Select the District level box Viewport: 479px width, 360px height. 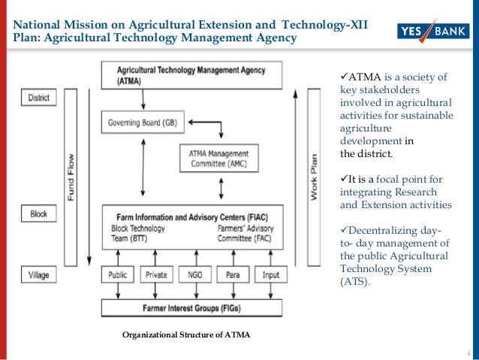39,98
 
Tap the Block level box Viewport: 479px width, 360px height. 39,214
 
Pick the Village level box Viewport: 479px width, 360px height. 39,274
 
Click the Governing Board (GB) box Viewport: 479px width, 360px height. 143,122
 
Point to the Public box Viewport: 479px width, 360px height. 118,275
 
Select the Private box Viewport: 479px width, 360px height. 155,275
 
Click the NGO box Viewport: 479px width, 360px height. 194,275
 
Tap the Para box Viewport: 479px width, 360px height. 232,275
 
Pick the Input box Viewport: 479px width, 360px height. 270,275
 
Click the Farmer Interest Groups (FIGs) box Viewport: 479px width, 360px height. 192,307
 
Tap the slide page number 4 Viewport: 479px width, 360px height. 468,354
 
